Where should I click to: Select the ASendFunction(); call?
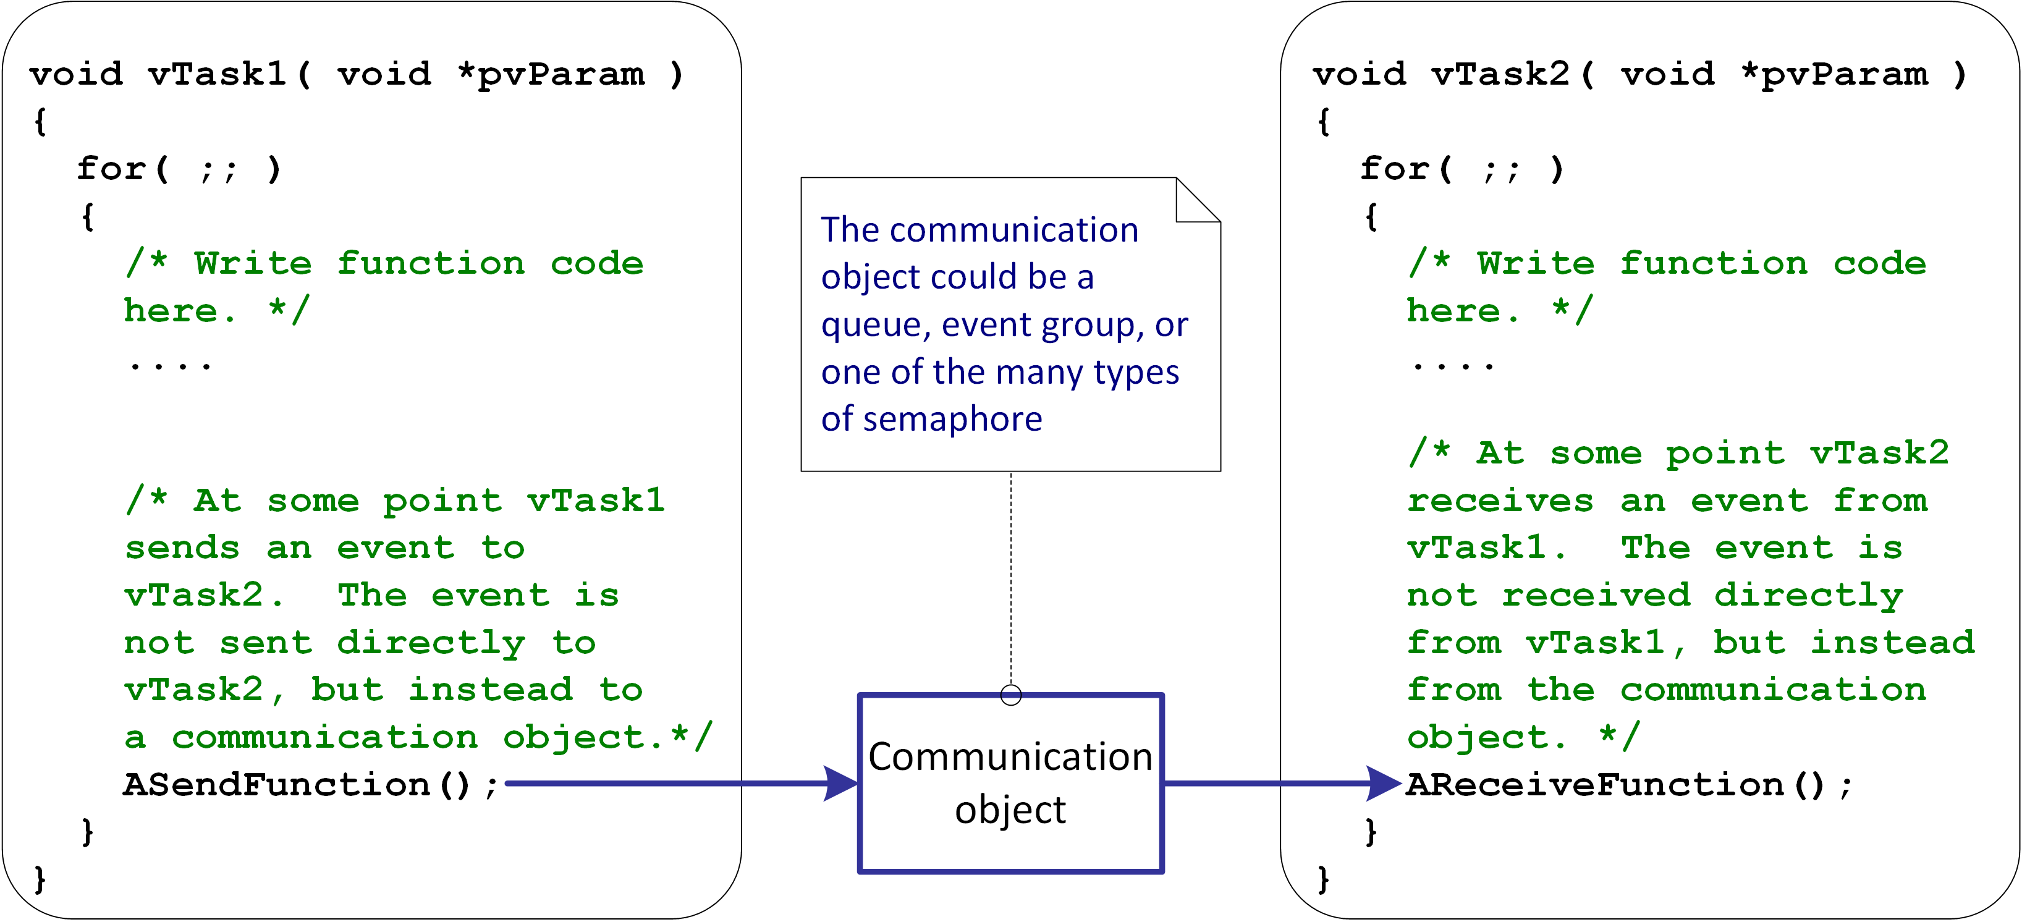pyautogui.click(x=311, y=785)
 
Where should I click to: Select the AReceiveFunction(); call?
pyautogui.click(x=1630, y=785)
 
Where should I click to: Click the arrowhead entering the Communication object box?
pyautogui.click(x=840, y=783)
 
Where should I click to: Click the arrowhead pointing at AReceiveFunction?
pyautogui.click(x=1384, y=783)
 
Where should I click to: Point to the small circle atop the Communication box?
pyautogui.click(x=1011, y=695)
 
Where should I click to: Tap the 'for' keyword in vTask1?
pyautogui.click(x=111, y=169)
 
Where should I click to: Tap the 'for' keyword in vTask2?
pyautogui.click(x=1394, y=169)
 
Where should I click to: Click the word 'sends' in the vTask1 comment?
pyautogui.click(x=182, y=548)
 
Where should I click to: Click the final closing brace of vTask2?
pyautogui.click(x=1324, y=879)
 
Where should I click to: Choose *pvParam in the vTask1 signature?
pyautogui.click(x=552, y=75)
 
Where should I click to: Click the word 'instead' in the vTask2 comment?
pyautogui.click(x=1892, y=643)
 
